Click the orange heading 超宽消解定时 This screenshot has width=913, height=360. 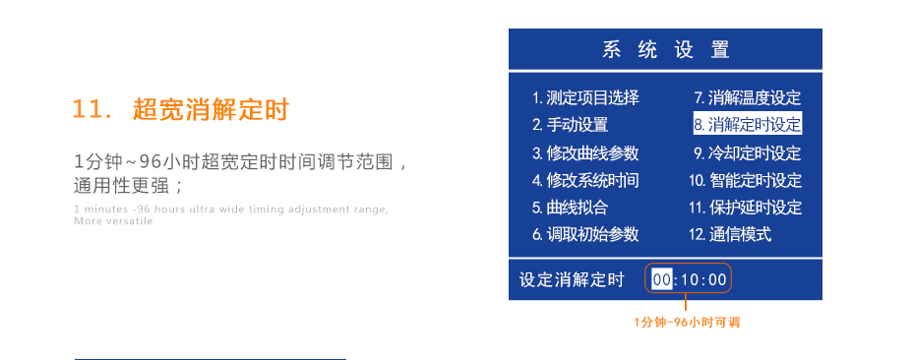pos(211,110)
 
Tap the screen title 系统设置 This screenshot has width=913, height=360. pos(665,50)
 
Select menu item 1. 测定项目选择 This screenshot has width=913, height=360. pos(585,97)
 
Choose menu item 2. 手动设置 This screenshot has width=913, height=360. pos(570,125)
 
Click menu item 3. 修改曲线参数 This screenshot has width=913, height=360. pos(585,152)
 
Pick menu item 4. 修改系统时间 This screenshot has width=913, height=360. pos(585,180)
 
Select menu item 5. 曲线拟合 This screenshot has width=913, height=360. pos(570,208)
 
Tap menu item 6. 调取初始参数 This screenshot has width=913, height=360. pos(585,234)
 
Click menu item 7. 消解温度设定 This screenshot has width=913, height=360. pos(748,97)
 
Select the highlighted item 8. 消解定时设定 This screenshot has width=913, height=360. pos(748,125)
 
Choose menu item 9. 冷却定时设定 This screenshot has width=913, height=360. pos(748,152)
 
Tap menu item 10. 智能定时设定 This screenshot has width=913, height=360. pos(745,180)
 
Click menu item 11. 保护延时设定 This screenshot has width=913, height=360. pos(745,208)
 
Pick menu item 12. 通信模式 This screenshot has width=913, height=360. pos(729,234)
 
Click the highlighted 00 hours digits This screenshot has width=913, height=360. pos(661,280)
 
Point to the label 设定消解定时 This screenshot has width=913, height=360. pos(572,280)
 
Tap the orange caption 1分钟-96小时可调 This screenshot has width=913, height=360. pos(686,322)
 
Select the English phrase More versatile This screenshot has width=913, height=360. pos(113,221)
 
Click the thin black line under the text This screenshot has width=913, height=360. pos(211,359)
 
